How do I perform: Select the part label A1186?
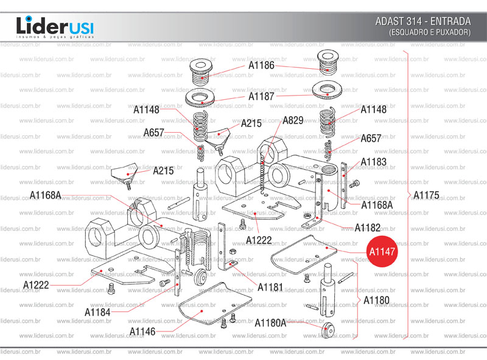(261, 65)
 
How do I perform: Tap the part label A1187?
(261, 96)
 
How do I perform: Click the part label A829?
(293, 120)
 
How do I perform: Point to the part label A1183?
(373, 162)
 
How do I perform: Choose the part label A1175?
(426, 196)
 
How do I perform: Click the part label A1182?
(368, 228)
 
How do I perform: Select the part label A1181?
(270, 286)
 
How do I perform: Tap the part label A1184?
(97, 312)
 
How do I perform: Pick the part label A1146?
(142, 331)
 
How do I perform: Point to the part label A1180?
(376, 300)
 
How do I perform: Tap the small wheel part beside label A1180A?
(329, 330)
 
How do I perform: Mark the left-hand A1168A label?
(46, 195)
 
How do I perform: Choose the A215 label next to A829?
(251, 123)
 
